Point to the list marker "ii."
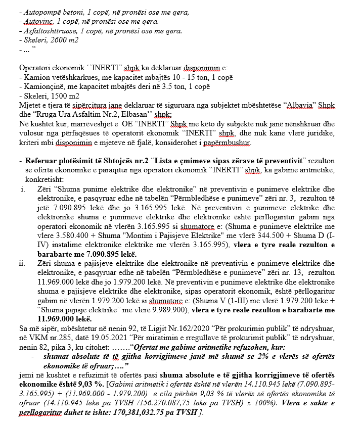22,263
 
